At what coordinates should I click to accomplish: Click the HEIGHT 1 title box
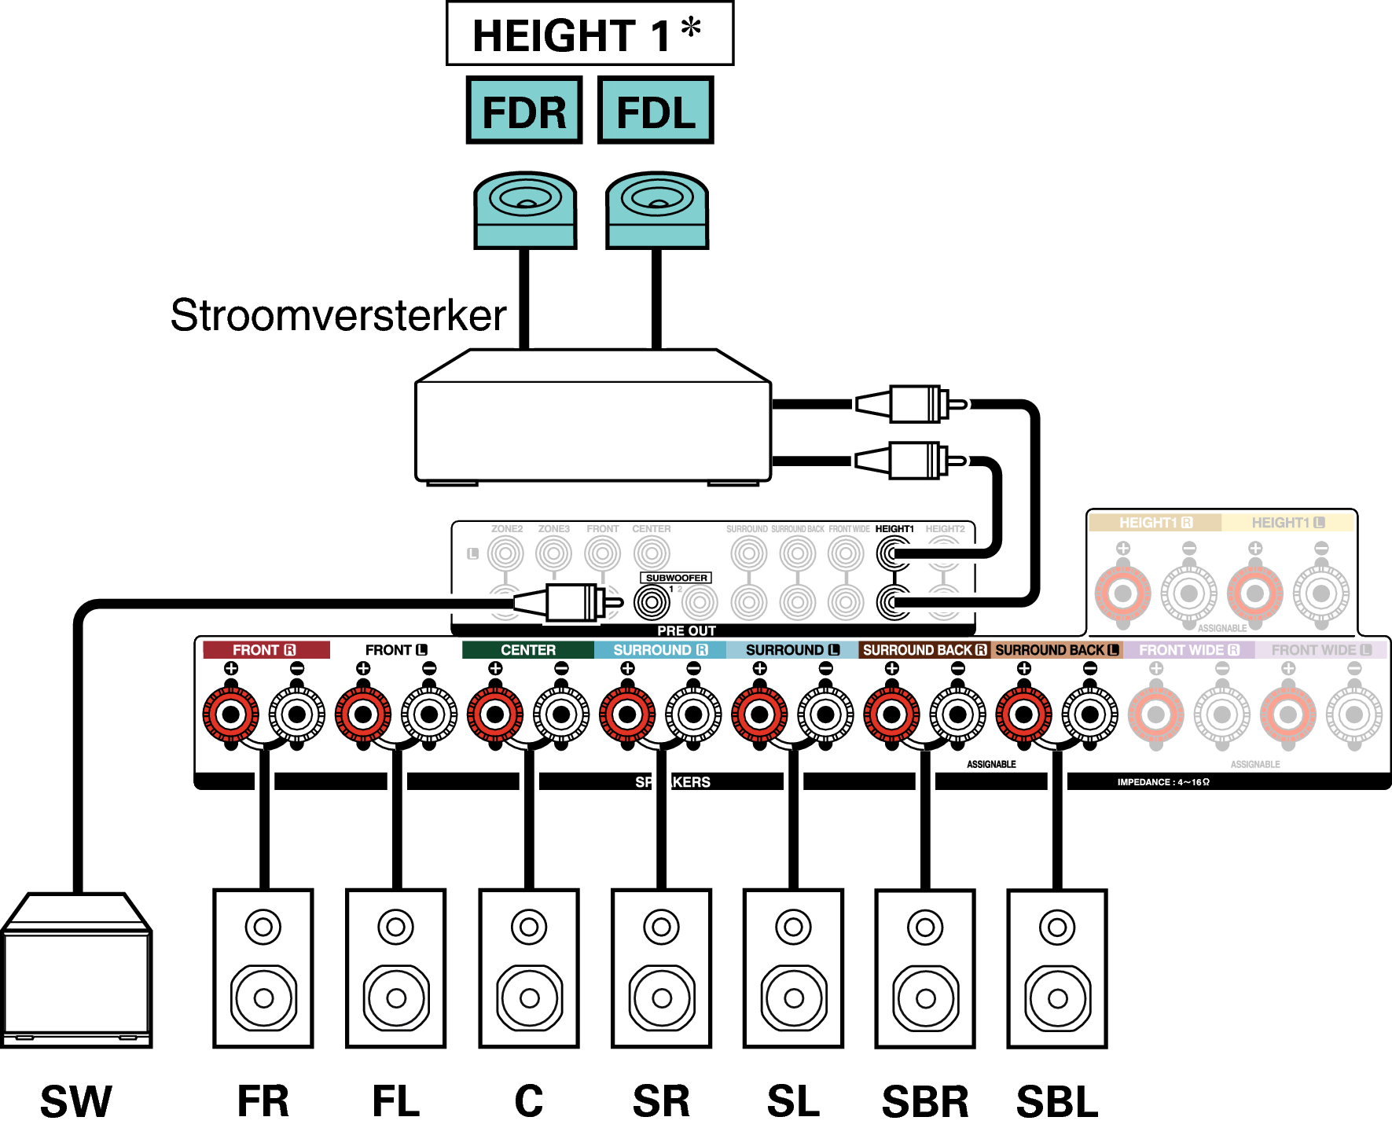coord(589,34)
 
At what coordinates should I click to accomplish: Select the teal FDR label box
coord(523,111)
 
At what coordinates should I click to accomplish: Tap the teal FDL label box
coord(656,111)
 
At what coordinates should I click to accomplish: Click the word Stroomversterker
coord(338,315)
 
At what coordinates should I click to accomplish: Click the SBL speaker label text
coord(1057,1101)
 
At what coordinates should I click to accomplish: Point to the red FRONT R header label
coord(266,650)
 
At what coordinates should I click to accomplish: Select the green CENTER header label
coord(527,650)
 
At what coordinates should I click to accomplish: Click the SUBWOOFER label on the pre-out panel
coord(676,578)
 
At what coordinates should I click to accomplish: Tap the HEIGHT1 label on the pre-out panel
coord(894,529)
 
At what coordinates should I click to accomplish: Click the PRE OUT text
coord(686,630)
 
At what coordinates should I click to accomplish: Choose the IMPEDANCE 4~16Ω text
coord(1163,782)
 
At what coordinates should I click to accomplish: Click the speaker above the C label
coord(529,968)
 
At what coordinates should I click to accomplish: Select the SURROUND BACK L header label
coord(1056,650)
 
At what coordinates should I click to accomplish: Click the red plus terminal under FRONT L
coord(363,715)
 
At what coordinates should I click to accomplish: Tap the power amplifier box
coord(593,417)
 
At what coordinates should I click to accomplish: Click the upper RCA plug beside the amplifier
coord(912,404)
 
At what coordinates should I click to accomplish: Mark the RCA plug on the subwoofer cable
coord(569,603)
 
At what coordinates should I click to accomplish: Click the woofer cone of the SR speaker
coord(662,998)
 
